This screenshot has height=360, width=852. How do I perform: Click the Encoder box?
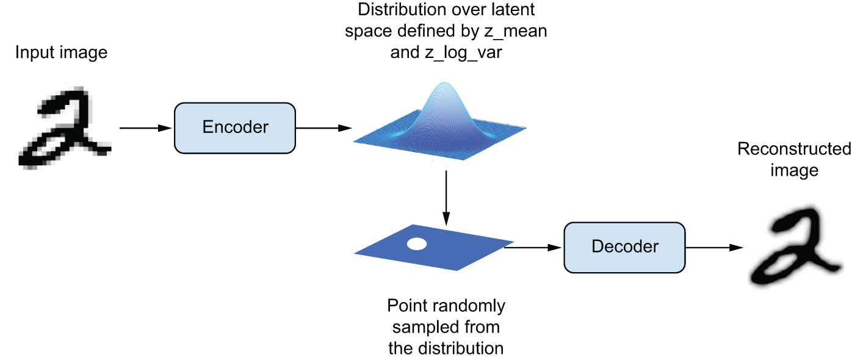click(x=235, y=128)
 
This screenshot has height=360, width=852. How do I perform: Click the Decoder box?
click(x=625, y=247)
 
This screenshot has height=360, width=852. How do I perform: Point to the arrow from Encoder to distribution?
click(x=323, y=128)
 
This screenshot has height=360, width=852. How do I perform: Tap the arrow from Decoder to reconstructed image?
click(x=714, y=247)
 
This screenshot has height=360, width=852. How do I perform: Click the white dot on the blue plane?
click(x=417, y=245)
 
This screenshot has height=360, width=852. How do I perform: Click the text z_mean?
click(x=514, y=31)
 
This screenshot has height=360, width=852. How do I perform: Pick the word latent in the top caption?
click(x=514, y=10)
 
